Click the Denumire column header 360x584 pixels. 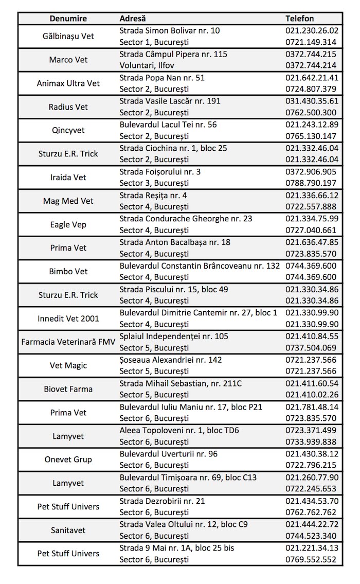pyautogui.click(x=68, y=19)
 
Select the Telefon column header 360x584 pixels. pyautogui.click(x=299, y=19)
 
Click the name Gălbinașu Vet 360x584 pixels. pyautogui.click(x=68, y=37)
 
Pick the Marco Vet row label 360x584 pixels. pyautogui.click(x=68, y=60)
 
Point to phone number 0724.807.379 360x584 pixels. pyautogui.click(x=311, y=89)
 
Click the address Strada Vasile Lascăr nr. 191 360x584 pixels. pyautogui.click(x=170, y=101)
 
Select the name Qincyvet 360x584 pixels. pyautogui.click(x=68, y=130)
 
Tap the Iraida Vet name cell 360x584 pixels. pyautogui.click(x=68, y=178)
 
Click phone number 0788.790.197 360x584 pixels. pyautogui.click(x=311, y=183)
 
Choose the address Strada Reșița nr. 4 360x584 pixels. pyautogui.click(x=153, y=195)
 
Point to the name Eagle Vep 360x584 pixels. pyautogui.click(x=68, y=224)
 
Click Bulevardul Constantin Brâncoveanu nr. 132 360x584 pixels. pyautogui.click(x=200, y=266)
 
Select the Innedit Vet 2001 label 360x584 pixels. pyautogui.click(x=68, y=318)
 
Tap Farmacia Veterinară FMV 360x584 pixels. pyautogui.click(x=68, y=342)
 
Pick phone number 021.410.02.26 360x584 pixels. pyautogui.click(x=312, y=395)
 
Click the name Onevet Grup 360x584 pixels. pyautogui.click(x=68, y=459)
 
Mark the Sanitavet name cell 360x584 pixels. pyautogui.click(x=68, y=530)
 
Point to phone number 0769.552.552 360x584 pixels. pyautogui.click(x=311, y=559)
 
